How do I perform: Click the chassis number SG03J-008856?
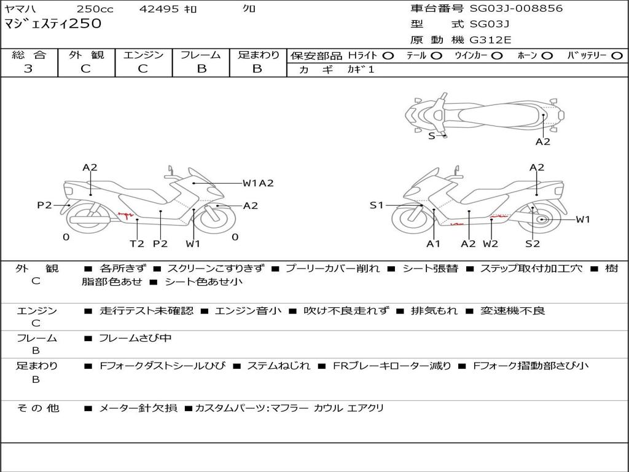tap(516, 9)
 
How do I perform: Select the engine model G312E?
tap(490, 40)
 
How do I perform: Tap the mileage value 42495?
tap(159, 9)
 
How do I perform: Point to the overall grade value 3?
tap(28, 69)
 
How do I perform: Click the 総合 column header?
tap(28, 55)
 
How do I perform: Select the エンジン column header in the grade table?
tap(143, 55)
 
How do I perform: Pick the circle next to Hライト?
tap(388, 56)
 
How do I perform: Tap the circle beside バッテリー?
tap(617, 56)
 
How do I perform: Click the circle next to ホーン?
tap(547, 56)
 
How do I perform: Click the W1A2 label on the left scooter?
tap(258, 183)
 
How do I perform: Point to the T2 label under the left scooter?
tap(137, 243)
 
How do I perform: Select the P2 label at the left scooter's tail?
tap(44, 205)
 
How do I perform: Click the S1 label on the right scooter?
tap(377, 205)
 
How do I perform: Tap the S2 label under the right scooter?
tap(533, 243)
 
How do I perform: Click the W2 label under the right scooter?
tap(490, 243)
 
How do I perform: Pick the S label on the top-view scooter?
tap(431, 136)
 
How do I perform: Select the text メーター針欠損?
tap(138, 408)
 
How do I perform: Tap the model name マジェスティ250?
tap(53, 24)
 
